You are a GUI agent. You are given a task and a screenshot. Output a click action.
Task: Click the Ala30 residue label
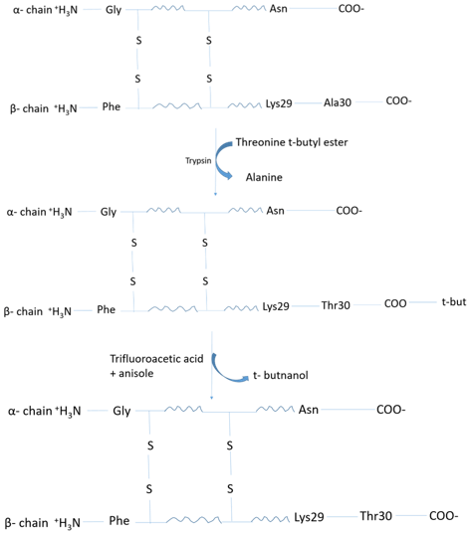(338, 102)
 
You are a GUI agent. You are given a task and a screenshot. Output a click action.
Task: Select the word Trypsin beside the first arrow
(198, 161)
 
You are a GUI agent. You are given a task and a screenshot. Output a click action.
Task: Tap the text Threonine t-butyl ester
(292, 142)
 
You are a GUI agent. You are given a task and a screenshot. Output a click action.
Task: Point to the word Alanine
(264, 177)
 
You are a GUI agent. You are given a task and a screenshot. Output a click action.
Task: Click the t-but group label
(454, 302)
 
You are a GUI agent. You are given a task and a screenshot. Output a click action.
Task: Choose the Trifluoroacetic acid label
(156, 359)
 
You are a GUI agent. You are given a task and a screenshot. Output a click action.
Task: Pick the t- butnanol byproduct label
(281, 375)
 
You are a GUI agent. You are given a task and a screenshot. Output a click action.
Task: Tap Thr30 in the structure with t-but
(336, 305)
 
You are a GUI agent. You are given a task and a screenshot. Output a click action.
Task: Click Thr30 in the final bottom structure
(376, 516)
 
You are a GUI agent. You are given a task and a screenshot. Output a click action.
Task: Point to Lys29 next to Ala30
(279, 103)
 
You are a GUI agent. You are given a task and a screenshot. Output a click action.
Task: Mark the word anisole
(136, 374)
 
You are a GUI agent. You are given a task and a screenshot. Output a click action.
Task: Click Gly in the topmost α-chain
(114, 10)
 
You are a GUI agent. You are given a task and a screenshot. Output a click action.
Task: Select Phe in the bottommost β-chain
(119, 521)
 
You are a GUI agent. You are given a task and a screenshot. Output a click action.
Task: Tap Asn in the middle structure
(275, 211)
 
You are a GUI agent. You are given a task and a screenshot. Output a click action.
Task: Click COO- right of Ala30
(398, 101)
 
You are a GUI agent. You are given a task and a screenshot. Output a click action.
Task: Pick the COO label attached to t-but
(395, 303)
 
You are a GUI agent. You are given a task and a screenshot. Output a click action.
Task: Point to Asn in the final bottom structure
(309, 410)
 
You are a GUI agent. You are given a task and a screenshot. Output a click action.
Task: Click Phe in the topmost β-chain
(112, 106)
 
